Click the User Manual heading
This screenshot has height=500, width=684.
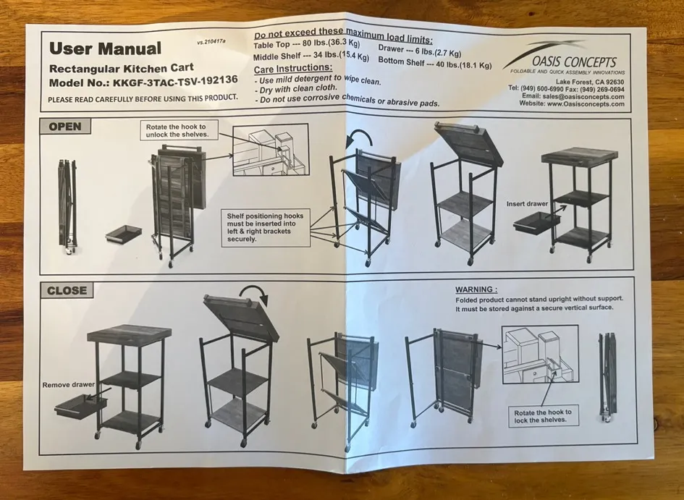[105, 48]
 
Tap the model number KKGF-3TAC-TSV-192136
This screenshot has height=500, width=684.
[175, 80]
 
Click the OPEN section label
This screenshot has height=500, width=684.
[65, 127]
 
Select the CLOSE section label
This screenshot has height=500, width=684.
[67, 290]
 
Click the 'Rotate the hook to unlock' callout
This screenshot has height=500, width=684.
[176, 131]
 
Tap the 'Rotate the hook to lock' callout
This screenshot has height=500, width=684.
[543, 416]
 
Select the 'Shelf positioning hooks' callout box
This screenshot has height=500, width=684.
[265, 227]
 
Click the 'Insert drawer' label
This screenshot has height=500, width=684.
[527, 203]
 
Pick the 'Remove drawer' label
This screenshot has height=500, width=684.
[69, 384]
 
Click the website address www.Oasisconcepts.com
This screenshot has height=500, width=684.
[586, 104]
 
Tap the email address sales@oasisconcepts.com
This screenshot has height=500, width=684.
[583, 97]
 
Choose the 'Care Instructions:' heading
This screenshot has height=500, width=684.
[292, 68]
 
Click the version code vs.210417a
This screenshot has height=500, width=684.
[211, 42]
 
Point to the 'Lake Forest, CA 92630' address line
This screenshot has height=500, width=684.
[590, 82]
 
